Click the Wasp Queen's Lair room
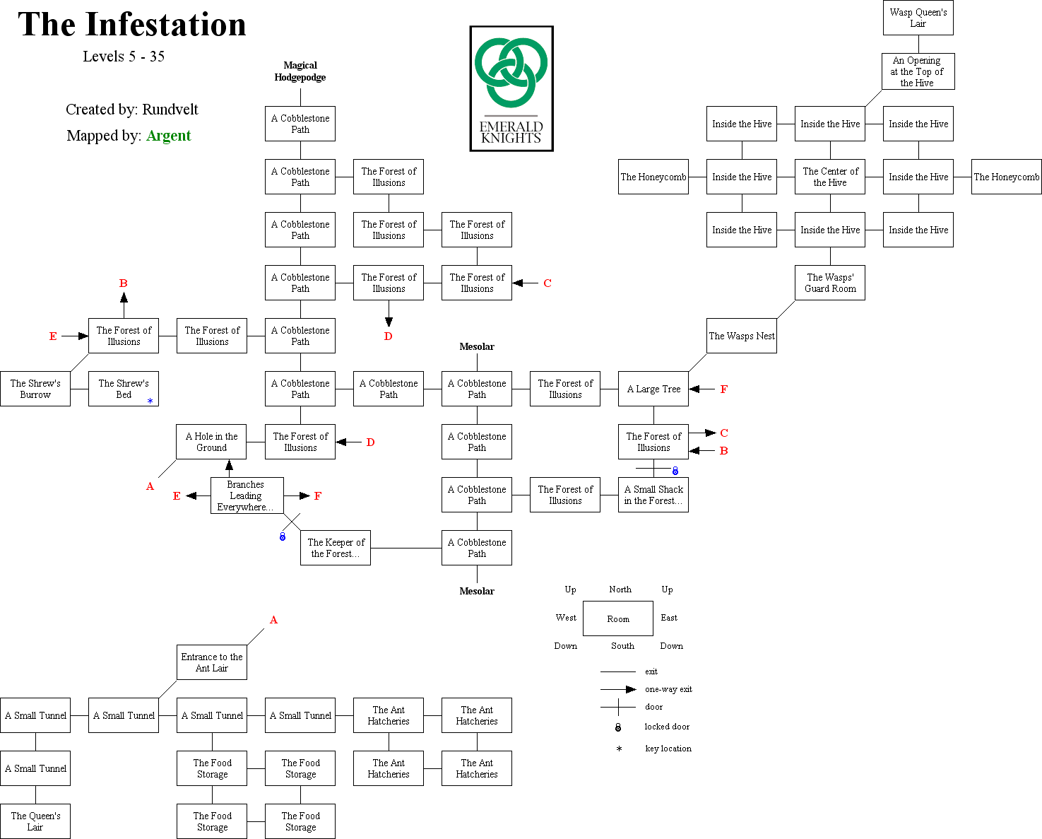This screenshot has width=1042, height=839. tap(918, 18)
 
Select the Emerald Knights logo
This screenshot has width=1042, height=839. tap(511, 89)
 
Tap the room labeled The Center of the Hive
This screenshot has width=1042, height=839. tap(830, 177)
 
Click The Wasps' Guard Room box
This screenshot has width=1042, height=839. tap(830, 283)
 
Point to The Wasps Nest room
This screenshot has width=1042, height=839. tap(742, 336)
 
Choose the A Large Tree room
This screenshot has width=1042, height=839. tap(653, 389)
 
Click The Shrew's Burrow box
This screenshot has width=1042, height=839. tap(35, 389)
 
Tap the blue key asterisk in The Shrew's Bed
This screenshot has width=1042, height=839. tap(150, 401)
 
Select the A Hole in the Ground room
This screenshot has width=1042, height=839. tap(211, 442)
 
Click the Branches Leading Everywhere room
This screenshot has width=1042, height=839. tap(247, 495)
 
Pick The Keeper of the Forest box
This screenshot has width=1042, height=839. tap(336, 548)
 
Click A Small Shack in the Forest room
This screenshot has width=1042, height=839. tap(653, 495)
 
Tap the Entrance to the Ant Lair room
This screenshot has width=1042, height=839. tap(212, 662)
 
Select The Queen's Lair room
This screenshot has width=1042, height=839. tap(35, 821)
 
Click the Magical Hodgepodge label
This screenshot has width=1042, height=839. tap(300, 71)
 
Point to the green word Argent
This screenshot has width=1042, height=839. tap(169, 136)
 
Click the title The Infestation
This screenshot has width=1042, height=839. tap(132, 25)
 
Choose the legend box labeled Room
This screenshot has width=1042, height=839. tap(618, 618)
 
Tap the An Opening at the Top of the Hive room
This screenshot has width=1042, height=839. tap(918, 71)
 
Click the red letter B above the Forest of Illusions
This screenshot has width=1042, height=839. tap(124, 283)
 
